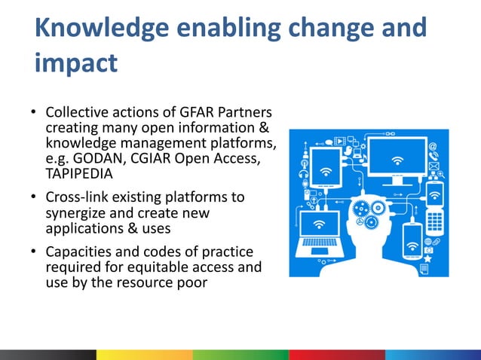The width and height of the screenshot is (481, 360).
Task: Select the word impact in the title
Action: tap(76, 63)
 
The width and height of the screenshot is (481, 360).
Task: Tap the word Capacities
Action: tap(78, 251)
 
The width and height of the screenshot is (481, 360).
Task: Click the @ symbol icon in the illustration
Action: tap(433, 148)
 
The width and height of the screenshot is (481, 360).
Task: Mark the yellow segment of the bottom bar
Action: tap(144, 354)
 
